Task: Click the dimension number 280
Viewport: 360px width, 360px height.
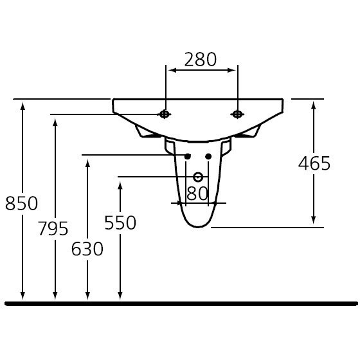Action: [200, 59]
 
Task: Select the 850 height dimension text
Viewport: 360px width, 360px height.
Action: [21, 203]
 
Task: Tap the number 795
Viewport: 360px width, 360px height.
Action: [53, 228]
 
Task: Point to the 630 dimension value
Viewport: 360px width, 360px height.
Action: [87, 249]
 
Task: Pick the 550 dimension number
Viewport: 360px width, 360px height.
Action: [120, 222]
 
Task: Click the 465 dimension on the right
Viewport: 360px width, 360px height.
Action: [314, 163]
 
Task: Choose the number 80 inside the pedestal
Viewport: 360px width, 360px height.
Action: [197, 194]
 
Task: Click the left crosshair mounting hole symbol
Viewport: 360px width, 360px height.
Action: [165, 114]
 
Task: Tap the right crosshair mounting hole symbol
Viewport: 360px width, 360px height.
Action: [237, 114]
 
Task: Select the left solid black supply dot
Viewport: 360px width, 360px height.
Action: [188, 156]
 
